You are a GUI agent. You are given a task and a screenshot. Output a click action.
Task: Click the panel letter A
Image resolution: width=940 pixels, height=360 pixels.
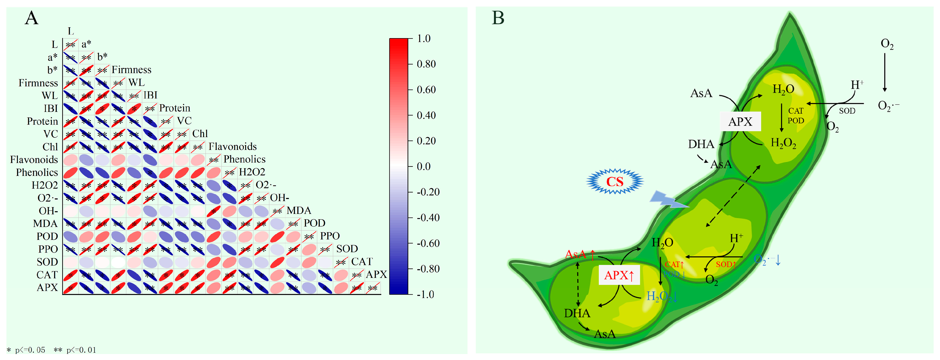pyautogui.click(x=32, y=18)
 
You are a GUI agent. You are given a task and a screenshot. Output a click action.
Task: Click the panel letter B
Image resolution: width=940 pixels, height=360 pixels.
pyautogui.click(x=498, y=18)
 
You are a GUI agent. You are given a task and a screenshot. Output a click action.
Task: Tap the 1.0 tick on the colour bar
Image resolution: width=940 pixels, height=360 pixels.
pyautogui.click(x=424, y=38)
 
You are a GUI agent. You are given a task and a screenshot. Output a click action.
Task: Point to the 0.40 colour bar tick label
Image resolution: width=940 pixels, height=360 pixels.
pyautogui.click(x=426, y=115)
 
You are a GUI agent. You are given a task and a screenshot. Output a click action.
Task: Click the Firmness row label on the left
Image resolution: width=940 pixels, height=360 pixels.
pyautogui.click(x=38, y=83)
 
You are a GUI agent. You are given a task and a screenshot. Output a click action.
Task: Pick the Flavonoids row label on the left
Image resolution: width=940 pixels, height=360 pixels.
pyautogui.click(x=34, y=160)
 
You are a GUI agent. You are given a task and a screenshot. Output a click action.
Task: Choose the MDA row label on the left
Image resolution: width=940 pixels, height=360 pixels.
pyautogui.click(x=45, y=224)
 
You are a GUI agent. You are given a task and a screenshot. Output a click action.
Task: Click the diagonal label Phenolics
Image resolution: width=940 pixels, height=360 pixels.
pyautogui.click(x=244, y=159)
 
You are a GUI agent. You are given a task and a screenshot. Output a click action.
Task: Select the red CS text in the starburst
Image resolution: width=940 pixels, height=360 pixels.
pyautogui.click(x=615, y=181)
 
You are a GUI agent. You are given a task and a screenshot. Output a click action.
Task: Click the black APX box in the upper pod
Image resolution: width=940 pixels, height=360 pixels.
pyautogui.click(x=740, y=122)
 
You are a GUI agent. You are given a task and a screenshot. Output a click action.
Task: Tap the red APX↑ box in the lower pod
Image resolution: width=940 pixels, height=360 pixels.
pyautogui.click(x=619, y=275)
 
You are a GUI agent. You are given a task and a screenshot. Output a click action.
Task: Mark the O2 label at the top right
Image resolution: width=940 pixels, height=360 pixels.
pyautogui.click(x=887, y=44)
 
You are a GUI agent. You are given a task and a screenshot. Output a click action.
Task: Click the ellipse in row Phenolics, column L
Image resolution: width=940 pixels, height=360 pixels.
pyautogui.click(x=70, y=173)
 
